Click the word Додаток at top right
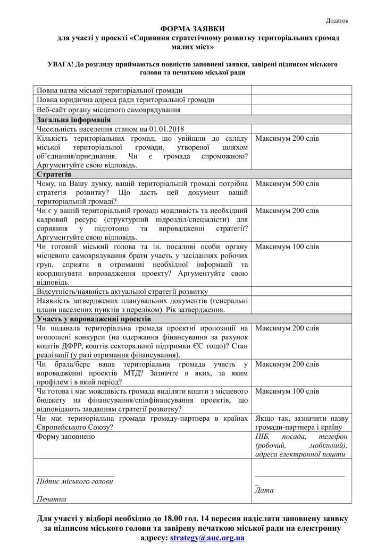337,21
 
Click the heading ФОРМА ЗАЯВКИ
192,29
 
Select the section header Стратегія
54,174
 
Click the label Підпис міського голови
75,481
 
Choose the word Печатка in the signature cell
52,499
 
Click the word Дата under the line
264,490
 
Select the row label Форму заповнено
66,437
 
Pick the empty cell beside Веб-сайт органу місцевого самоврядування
300,110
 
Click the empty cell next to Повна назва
300,90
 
